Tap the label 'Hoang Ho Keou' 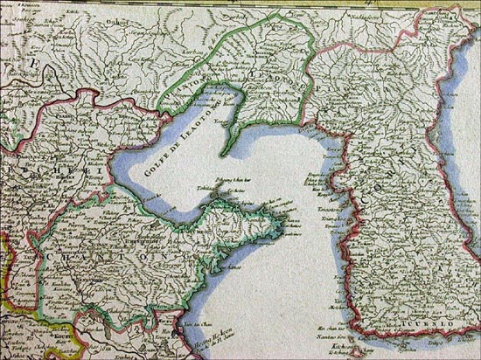[x=193, y=331]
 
